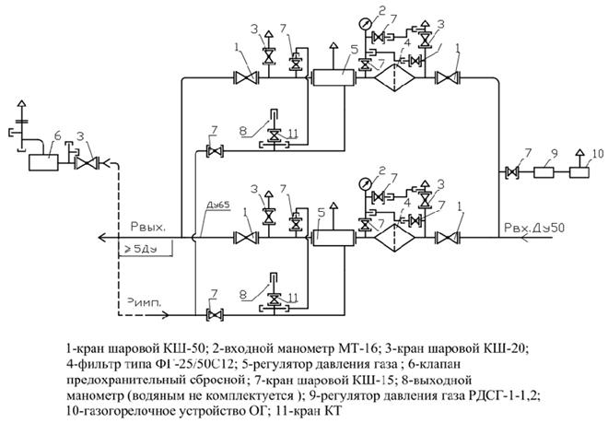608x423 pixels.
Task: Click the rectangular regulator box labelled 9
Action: pyautogui.click(x=553, y=171)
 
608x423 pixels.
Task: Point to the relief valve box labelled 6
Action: pyautogui.click(x=41, y=162)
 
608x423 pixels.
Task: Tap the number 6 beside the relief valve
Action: pyautogui.click(x=56, y=135)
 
